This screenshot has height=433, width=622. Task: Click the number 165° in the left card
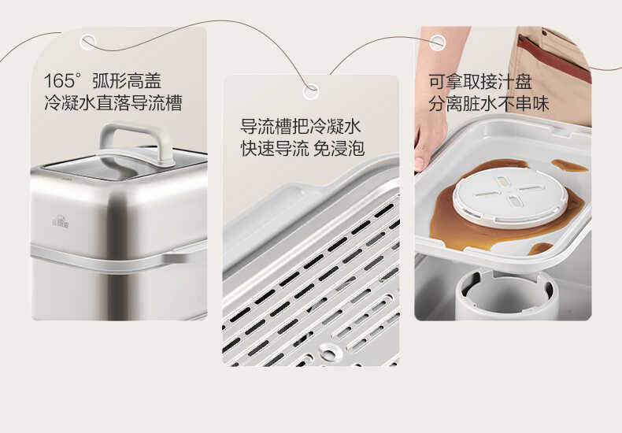coord(63,81)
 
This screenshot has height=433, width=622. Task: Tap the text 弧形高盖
coord(128,81)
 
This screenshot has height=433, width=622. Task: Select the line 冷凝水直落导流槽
coord(113,103)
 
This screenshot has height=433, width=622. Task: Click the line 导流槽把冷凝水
coord(300,127)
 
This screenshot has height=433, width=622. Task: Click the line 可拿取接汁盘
coord(479,81)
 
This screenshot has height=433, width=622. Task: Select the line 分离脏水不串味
coord(488,103)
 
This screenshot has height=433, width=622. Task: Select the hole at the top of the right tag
coord(436,42)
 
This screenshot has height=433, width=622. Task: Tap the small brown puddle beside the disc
coord(567,165)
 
